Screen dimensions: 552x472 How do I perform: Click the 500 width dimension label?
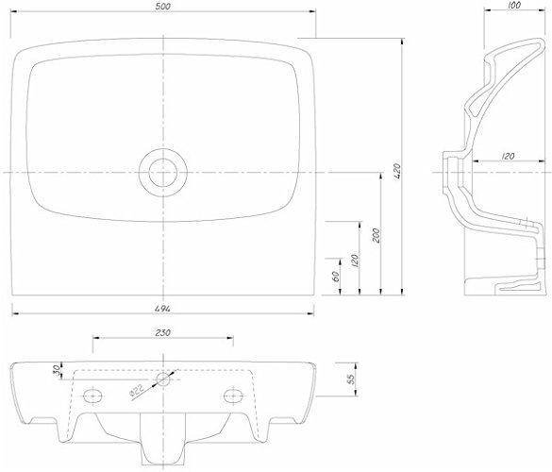point(162,7)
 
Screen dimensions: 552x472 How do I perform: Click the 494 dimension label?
point(162,309)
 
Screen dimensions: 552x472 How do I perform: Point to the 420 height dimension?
point(396,171)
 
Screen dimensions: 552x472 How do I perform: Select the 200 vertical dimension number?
point(376,235)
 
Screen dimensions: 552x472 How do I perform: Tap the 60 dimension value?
point(336,277)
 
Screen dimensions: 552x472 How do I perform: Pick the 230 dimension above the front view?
point(162,332)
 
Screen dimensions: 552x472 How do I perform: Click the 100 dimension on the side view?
point(514,5)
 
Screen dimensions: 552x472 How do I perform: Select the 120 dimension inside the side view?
point(508,156)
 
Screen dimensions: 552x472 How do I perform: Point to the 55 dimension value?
point(351,379)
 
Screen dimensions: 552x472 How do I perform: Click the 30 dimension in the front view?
point(57,370)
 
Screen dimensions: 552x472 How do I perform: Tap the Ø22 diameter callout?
point(137,391)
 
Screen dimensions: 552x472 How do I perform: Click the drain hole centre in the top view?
point(162,173)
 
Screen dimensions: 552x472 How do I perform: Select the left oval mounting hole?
point(92,396)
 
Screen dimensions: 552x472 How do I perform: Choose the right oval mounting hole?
point(233,396)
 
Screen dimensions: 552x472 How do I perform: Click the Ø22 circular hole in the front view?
point(163,379)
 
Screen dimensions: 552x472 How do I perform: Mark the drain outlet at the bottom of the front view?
point(162,439)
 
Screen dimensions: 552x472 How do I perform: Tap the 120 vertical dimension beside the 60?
point(355,261)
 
